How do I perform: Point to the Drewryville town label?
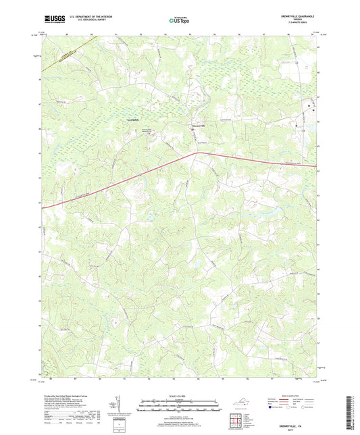pos(195,126)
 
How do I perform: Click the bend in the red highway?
pos(197,153)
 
